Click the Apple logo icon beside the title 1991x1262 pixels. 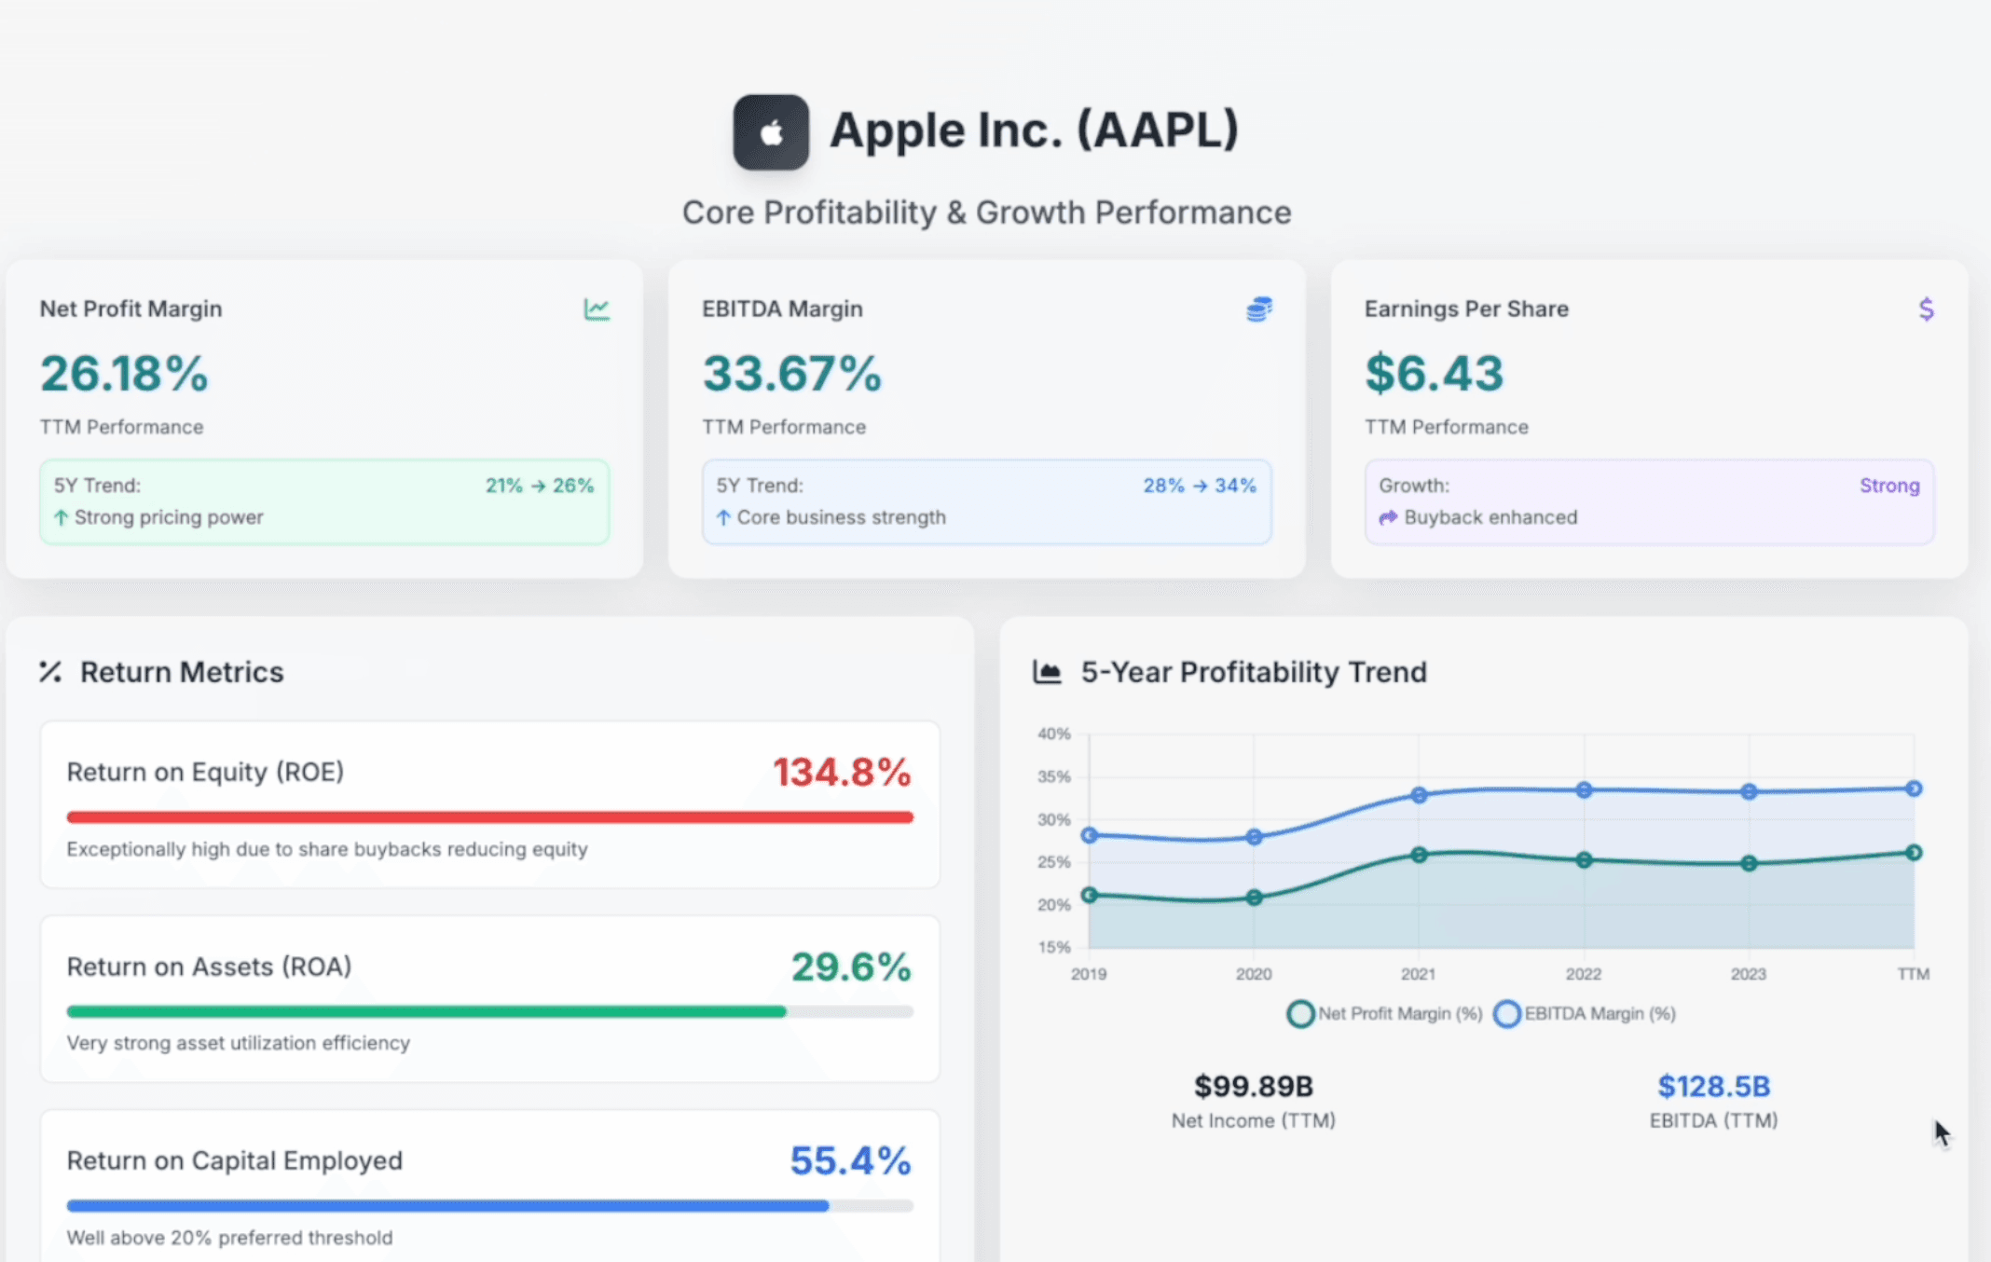click(x=770, y=132)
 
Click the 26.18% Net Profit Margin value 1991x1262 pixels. click(x=124, y=374)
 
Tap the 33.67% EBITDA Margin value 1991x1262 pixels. click(x=791, y=374)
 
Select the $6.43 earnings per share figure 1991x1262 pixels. click(x=1434, y=374)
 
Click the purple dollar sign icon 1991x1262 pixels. click(x=1926, y=309)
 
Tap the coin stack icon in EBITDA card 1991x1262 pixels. click(x=1258, y=309)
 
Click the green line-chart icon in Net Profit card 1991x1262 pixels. click(x=597, y=309)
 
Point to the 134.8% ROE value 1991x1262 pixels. click(x=841, y=772)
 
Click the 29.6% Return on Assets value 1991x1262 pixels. click(x=850, y=967)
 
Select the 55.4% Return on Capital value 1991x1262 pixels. click(x=849, y=1160)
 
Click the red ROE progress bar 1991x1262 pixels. click(x=489, y=817)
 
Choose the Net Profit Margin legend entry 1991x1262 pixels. click(x=1385, y=1013)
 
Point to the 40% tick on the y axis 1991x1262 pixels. click(x=1053, y=734)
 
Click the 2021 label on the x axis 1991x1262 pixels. click(x=1418, y=974)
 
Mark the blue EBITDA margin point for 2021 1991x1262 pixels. click(x=1419, y=795)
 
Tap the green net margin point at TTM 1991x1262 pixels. click(x=1914, y=853)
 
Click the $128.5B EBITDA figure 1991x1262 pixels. click(x=1713, y=1086)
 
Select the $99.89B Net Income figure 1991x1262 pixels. click(x=1253, y=1086)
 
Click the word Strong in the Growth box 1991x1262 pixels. click(x=1889, y=486)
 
